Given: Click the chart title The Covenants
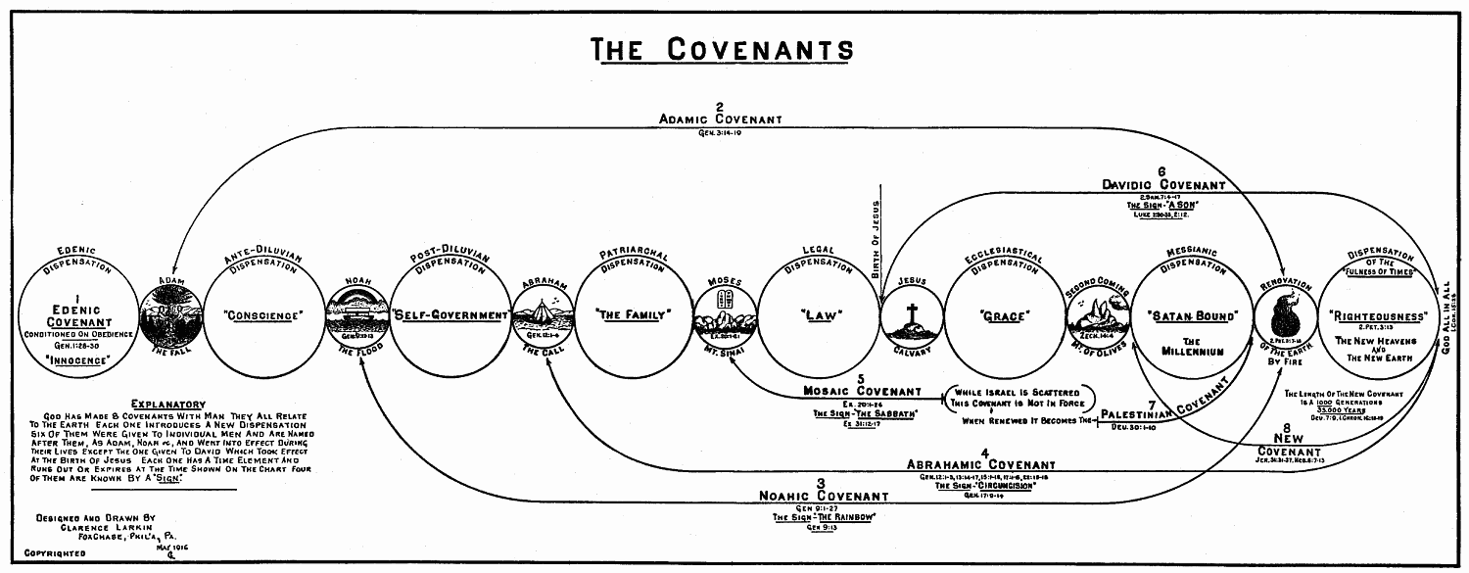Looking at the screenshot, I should pos(723,49).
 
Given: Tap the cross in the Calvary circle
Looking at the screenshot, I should pos(911,313).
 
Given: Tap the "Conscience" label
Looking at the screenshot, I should pos(261,315).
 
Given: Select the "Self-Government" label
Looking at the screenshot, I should pos(451,315).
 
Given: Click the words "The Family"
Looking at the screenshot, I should pos(635,315).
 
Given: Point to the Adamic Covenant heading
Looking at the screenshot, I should pos(720,119).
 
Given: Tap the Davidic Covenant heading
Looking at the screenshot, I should pos(1162,184).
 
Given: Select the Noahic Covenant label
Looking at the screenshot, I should pos(824,496).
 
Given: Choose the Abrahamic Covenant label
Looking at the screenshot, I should pos(981,464).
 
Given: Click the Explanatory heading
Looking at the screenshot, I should pos(168,404).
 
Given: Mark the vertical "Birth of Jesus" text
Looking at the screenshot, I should pos(877,239).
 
